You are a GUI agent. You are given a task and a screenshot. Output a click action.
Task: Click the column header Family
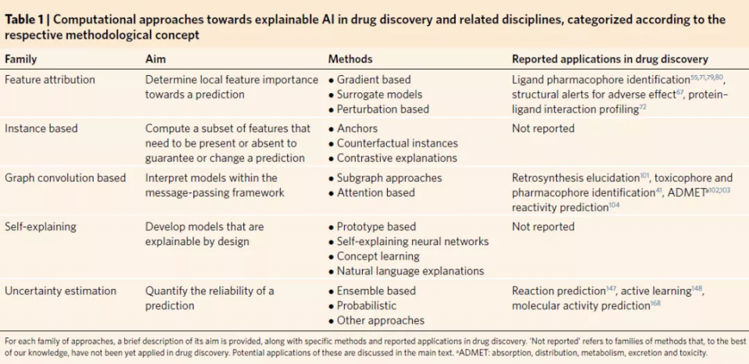pos(21,59)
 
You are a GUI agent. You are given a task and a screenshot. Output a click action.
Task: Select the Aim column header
pos(155,59)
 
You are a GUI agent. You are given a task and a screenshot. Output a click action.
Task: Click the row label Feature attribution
pos(50,80)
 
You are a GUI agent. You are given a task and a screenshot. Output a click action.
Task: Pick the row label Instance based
pos(41,128)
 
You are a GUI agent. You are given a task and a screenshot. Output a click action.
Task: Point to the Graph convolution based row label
pos(66,177)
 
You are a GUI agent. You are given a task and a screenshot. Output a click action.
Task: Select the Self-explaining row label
pos(41,227)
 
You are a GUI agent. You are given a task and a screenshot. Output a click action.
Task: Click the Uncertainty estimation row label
pos(60,291)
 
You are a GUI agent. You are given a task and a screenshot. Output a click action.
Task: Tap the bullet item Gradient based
pos(374,80)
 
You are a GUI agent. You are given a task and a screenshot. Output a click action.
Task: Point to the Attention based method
pos(378,192)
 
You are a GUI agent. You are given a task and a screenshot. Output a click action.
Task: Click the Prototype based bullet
pos(377,227)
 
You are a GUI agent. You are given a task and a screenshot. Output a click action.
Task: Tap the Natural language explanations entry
pos(410,271)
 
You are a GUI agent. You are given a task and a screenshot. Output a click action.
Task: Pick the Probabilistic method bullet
pos(370,305)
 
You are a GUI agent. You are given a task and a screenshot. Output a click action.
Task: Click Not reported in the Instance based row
pos(543,128)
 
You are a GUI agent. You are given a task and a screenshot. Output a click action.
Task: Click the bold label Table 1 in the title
pos(24,20)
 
